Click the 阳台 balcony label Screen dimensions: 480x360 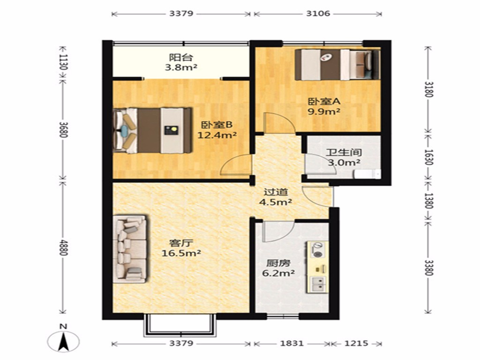click(x=181, y=57)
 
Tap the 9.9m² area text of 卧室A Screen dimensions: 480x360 click(x=324, y=112)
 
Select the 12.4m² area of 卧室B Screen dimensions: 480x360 click(x=217, y=135)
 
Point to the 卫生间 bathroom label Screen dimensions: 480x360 click(x=344, y=152)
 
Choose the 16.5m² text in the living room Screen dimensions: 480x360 click(x=181, y=254)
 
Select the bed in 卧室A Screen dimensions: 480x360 click(x=337, y=65)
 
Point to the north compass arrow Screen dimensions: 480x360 click(x=64, y=340)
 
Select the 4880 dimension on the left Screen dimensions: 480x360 click(x=63, y=247)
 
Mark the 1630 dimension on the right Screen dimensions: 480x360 click(x=429, y=157)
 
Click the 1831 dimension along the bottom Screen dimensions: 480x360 click(x=292, y=344)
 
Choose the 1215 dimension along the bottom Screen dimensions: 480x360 click(x=356, y=344)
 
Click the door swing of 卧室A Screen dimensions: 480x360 click(x=279, y=122)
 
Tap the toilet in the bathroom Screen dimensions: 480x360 click(x=367, y=174)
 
